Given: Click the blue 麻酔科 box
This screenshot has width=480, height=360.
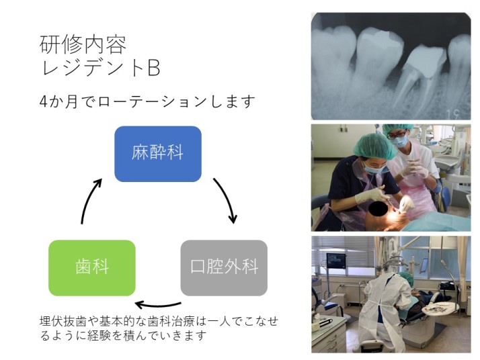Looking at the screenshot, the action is pyautogui.click(x=158, y=154).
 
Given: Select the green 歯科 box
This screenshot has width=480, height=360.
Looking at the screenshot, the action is pyautogui.click(x=92, y=268).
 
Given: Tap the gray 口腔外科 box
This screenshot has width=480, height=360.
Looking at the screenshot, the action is pyautogui.click(x=224, y=268).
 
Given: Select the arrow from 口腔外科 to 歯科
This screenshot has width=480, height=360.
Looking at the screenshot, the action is pyautogui.click(x=158, y=305).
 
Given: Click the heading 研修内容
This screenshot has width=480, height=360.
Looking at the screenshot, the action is pyautogui.click(x=83, y=44).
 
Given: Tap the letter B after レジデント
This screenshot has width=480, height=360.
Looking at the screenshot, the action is pyautogui.click(x=154, y=68).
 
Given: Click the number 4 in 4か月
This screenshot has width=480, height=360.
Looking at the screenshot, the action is pyautogui.click(x=44, y=102).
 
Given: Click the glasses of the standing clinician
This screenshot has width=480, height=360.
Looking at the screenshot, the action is pyautogui.click(x=398, y=134).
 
